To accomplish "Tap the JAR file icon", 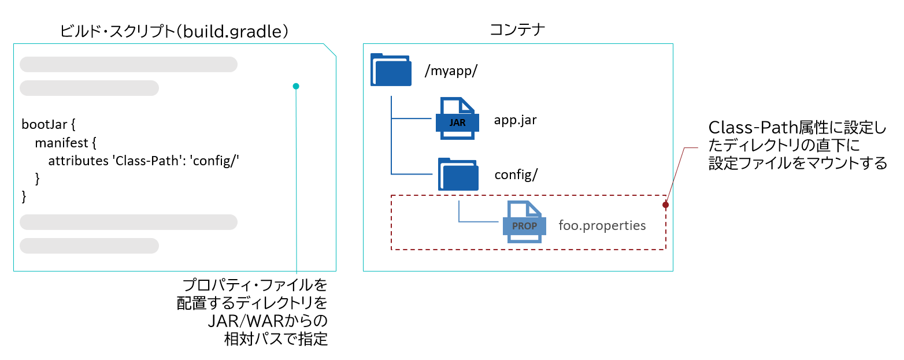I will (457, 118).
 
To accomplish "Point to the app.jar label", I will (516, 121).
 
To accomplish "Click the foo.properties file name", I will (602, 225).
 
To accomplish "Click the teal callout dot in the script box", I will (296, 86).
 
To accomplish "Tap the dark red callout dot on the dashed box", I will (665, 205).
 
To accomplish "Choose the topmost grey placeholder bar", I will (128, 64).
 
